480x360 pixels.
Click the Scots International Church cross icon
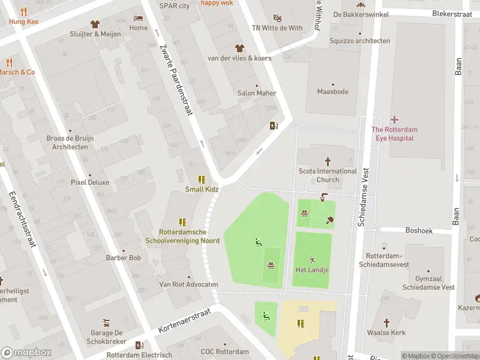point(328,161)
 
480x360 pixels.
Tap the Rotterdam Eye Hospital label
point(394,134)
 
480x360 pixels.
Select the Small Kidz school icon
point(202,179)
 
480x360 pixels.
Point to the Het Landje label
point(312,270)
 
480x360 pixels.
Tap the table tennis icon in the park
point(330,220)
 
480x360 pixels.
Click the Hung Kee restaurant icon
point(24,11)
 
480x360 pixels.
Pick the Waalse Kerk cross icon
point(387,322)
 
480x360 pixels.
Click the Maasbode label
point(332,92)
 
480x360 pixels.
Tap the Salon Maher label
point(257,93)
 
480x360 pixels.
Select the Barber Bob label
point(123,258)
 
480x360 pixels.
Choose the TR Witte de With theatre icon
point(277,18)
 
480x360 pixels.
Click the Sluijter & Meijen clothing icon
point(95,24)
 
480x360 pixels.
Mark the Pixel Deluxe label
point(90,182)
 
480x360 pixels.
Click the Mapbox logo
point(26,352)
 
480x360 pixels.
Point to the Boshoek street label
point(419,230)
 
